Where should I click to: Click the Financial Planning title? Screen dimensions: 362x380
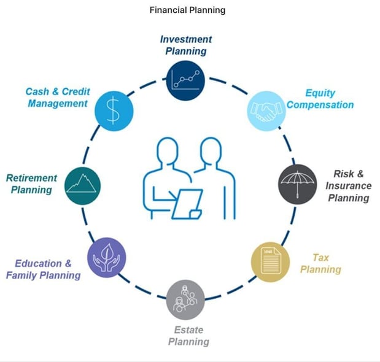187,10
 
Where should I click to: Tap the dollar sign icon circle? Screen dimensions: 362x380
114,109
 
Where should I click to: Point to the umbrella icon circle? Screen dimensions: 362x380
298,182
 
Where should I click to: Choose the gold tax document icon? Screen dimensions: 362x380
269,262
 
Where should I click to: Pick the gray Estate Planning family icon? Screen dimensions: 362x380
185,299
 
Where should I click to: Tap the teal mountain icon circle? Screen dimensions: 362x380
82,183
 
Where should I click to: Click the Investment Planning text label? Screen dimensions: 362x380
186,44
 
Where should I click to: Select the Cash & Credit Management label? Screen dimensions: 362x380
57,98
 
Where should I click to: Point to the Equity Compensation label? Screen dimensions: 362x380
320,99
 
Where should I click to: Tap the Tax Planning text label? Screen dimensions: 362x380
320,264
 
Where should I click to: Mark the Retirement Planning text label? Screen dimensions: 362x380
31,183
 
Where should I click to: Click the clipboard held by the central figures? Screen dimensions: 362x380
187,204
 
